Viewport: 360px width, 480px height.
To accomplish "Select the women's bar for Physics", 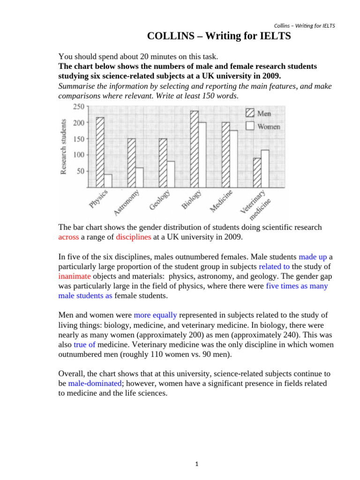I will point(108,180).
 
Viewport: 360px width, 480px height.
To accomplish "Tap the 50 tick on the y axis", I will point(80,171).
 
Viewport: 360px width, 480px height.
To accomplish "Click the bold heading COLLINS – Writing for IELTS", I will point(219,36).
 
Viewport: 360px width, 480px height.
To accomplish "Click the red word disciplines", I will point(134,237).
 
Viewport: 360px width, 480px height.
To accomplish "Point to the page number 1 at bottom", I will point(197,464).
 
